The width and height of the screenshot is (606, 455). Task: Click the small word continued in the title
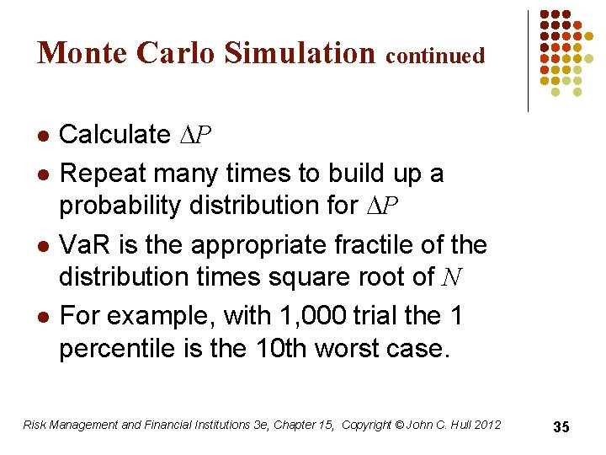[435, 56]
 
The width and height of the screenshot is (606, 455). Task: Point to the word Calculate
[114, 134]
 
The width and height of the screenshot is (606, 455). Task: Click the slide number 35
[561, 427]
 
